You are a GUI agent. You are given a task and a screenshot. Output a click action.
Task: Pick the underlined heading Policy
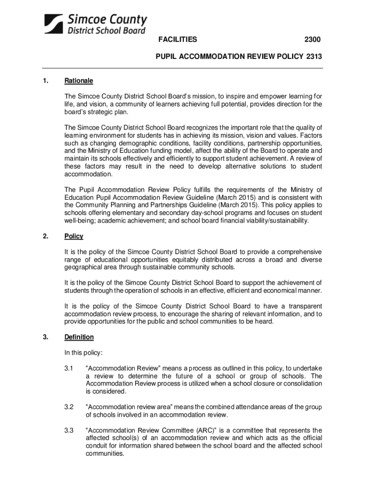click(74, 236)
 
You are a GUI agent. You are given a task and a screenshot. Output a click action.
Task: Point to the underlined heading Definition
click(79, 337)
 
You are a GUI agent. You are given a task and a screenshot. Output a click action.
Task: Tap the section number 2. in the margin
click(46, 236)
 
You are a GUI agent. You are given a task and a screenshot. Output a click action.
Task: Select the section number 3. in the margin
click(46, 337)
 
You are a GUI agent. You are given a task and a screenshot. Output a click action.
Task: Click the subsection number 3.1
click(69, 368)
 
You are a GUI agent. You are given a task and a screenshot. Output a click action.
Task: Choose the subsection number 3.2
click(69, 406)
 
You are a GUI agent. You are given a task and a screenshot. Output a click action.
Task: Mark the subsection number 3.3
click(69, 430)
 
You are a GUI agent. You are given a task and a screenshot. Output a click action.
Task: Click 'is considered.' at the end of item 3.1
click(106, 392)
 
